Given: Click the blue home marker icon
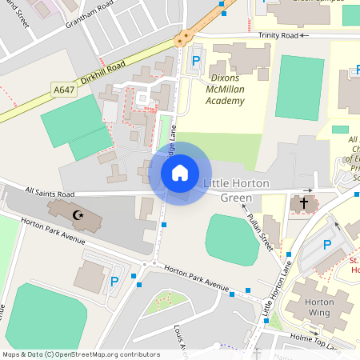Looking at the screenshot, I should pyautogui.click(x=179, y=172).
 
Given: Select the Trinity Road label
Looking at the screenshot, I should pyautogui.click(x=278, y=36).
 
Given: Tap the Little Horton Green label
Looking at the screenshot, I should pyautogui.click(x=237, y=190).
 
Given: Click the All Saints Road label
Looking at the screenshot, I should pyautogui.click(x=50, y=193).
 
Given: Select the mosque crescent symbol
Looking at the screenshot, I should pyautogui.click(x=78, y=214).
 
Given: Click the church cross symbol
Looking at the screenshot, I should pyautogui.click(x=303, y=203).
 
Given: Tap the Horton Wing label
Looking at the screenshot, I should pyautogui.click(x=320, y=308).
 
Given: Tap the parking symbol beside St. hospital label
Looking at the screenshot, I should pyautogui.click(x=327, y=244).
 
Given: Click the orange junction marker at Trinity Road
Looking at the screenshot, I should pyautogui.click(x=186, y=36).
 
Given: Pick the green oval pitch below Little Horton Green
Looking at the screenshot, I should pyautogui.click(x=231, y=237).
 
